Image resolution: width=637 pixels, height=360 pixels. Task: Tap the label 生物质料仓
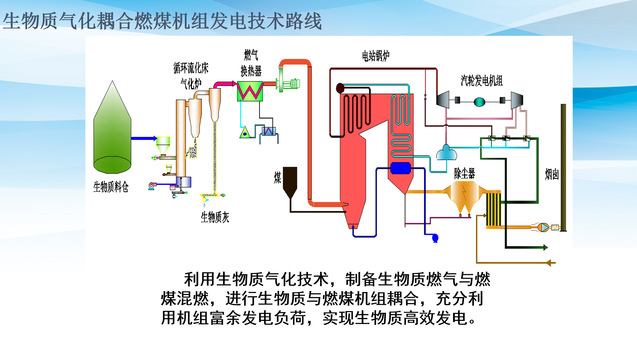pyautogui.click(x=111, y=187)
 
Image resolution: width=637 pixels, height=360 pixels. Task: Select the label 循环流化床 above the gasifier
pyautogui.click(x=191, y=68)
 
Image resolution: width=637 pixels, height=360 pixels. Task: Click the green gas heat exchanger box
pyautogui.click(x=250, y=91)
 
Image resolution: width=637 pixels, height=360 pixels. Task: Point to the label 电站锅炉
pyautogui.click(x=376, y=56)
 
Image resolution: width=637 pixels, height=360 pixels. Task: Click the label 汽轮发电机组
pyautogui.click(x=482, y=81)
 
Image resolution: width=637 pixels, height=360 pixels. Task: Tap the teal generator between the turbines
pyautogui.click(x=480, y=101)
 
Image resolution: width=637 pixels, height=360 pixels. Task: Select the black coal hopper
pyautogui.click(x=290, y=182)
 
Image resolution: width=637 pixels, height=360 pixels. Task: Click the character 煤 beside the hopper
pyautogui.click(x=277, y=177)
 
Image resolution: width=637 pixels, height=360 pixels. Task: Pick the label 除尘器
pyautogui.click(x=465, y=173)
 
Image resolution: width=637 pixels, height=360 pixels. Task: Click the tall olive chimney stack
pyautogui.click(x=563, y=167)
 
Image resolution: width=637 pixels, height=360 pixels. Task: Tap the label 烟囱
pyautogui.click(x=552, y=174)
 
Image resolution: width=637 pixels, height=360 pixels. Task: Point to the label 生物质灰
pyautogui.click(x=215, y=217)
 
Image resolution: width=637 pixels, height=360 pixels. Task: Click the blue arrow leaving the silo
pyautogui.click(x=144, y=138)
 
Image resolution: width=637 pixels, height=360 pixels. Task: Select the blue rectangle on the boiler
pyautogui.click(x=401, y=168)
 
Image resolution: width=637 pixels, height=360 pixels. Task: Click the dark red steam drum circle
pyautogui.click(x=340, y=88)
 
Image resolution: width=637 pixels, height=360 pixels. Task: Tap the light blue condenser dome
pyautogui.click(x=446, y=153)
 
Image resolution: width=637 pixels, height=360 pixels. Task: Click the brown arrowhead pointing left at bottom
pyautogui.click(x=549, y=263)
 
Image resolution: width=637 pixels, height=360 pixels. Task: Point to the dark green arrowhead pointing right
pyautogui.click(x=546, y=247)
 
